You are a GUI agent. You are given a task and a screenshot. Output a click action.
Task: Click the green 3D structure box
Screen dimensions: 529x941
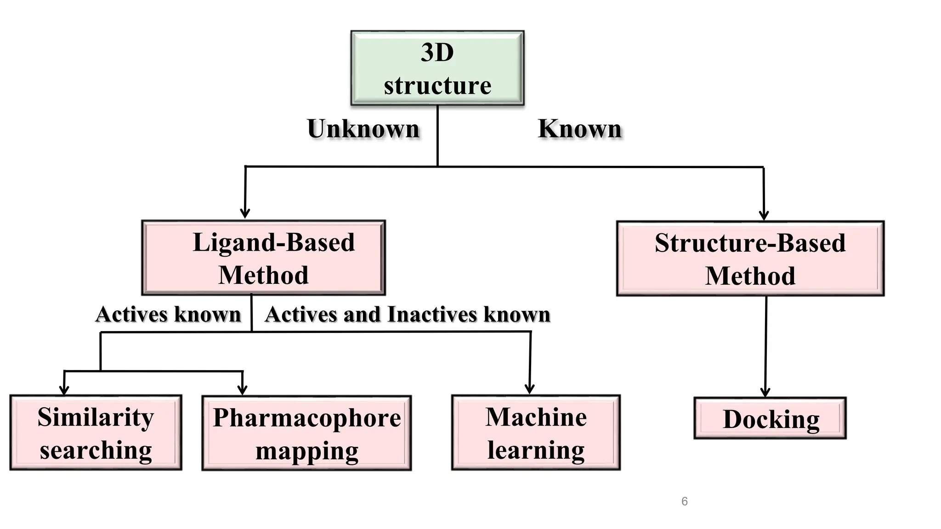tap(437, 68)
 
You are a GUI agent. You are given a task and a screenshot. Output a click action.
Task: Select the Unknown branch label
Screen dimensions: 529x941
tap(363, 129)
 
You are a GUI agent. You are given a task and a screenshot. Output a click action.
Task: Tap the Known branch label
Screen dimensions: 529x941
tap(580, 129)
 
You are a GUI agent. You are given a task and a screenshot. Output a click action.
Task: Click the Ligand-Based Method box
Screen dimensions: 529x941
tap(263, 258)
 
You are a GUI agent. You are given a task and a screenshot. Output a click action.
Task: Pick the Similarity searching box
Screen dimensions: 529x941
tap(96, 433)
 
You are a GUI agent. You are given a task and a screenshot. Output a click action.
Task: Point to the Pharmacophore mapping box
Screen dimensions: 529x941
tap(306, 433)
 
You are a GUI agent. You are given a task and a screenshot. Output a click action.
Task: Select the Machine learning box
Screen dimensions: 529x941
tap(536, 433)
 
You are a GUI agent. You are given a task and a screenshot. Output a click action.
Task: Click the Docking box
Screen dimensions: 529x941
tap(770, 419)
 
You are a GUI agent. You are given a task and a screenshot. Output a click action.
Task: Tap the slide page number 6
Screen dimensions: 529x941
tap(684, 501)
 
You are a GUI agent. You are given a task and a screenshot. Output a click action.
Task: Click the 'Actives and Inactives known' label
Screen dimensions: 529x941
tap(408, 315)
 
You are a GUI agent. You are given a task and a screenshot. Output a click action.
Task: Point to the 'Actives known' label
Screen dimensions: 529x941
tap(168, 315)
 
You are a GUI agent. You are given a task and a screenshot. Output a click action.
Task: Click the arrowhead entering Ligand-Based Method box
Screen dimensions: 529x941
tap(245, 214)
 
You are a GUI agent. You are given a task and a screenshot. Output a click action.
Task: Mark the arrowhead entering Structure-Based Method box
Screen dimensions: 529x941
tap(764, 215)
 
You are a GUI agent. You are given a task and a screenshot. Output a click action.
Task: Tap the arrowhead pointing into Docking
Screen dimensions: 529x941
tap(765, 392)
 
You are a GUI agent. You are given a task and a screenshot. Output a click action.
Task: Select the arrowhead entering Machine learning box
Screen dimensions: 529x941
tap(530, 389)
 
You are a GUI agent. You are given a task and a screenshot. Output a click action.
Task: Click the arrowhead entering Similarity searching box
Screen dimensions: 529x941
tap(64, 390)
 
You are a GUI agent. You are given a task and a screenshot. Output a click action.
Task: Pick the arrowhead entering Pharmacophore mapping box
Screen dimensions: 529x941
tap(242, 390)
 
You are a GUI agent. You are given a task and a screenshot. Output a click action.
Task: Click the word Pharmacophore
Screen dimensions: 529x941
tap(306, 418)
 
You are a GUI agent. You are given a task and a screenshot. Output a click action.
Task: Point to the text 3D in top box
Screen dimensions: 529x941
tap(437, 52)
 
